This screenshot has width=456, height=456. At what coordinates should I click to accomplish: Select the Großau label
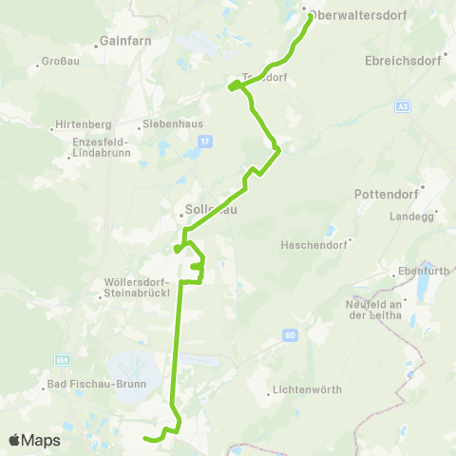(52, 65)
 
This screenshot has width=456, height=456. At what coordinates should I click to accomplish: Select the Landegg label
(409, 217)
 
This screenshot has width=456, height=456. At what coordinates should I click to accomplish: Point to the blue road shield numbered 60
(290, 334)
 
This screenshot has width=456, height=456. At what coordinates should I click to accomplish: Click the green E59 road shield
(63, 360)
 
